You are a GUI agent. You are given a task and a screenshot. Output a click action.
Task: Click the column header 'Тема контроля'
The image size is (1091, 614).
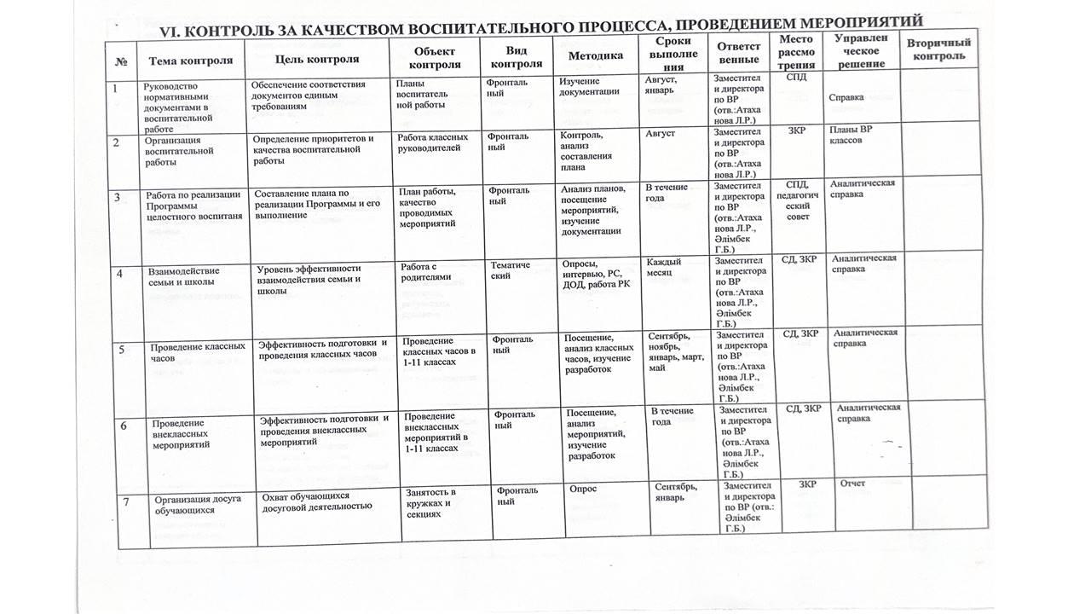click(191, 61)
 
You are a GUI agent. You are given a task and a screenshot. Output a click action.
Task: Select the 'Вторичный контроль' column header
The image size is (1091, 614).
click(938, 49)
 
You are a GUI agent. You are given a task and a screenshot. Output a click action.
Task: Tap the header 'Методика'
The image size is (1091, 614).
click(595, 55)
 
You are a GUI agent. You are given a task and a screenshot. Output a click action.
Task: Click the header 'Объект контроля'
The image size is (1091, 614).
click(435, 58)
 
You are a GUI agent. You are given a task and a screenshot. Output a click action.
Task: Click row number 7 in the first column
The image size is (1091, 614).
click(125, 501)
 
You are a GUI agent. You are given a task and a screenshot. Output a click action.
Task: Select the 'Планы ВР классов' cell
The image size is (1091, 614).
click(851, 135)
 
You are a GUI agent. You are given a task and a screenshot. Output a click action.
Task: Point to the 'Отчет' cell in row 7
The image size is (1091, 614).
click(852, 484)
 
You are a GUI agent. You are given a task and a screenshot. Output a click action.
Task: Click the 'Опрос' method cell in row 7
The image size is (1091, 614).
click(585, 489)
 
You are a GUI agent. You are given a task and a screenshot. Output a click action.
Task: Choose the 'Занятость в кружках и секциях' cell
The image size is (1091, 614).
click(430, 503)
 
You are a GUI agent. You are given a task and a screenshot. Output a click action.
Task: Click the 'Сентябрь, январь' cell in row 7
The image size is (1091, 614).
click(677, 492)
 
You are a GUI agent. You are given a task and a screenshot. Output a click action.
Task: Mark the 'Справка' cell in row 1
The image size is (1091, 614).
click(846, 97)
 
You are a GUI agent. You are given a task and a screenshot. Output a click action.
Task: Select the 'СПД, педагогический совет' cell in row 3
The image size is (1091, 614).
click(797, 200)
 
